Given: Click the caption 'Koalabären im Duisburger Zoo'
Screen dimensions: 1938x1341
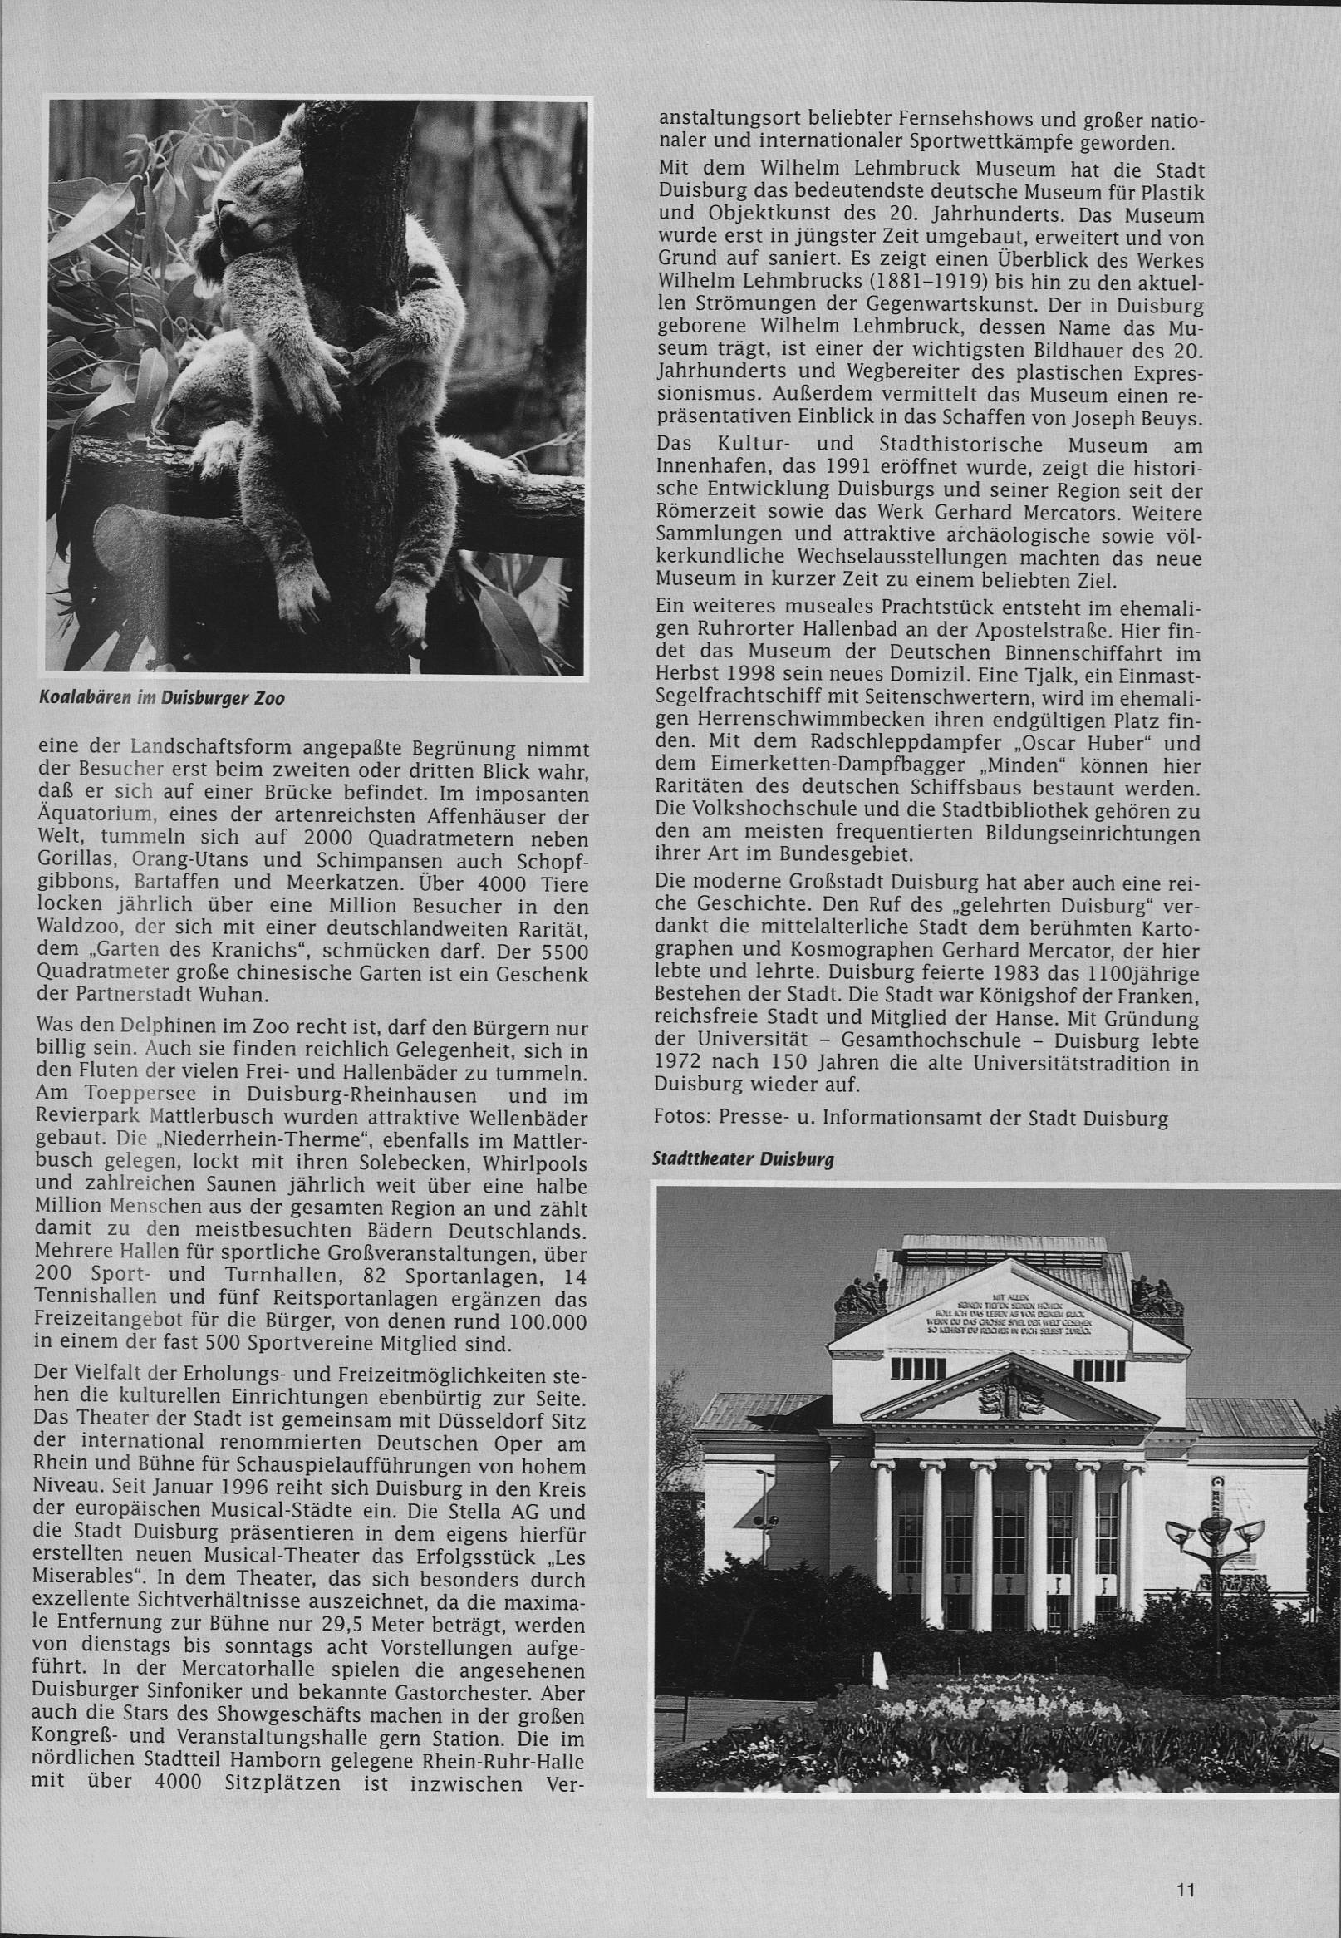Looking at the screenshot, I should pyautogui.click(x=161, y=698).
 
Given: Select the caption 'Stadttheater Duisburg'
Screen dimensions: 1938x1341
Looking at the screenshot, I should pyautogui.click(x=743, y=1160).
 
